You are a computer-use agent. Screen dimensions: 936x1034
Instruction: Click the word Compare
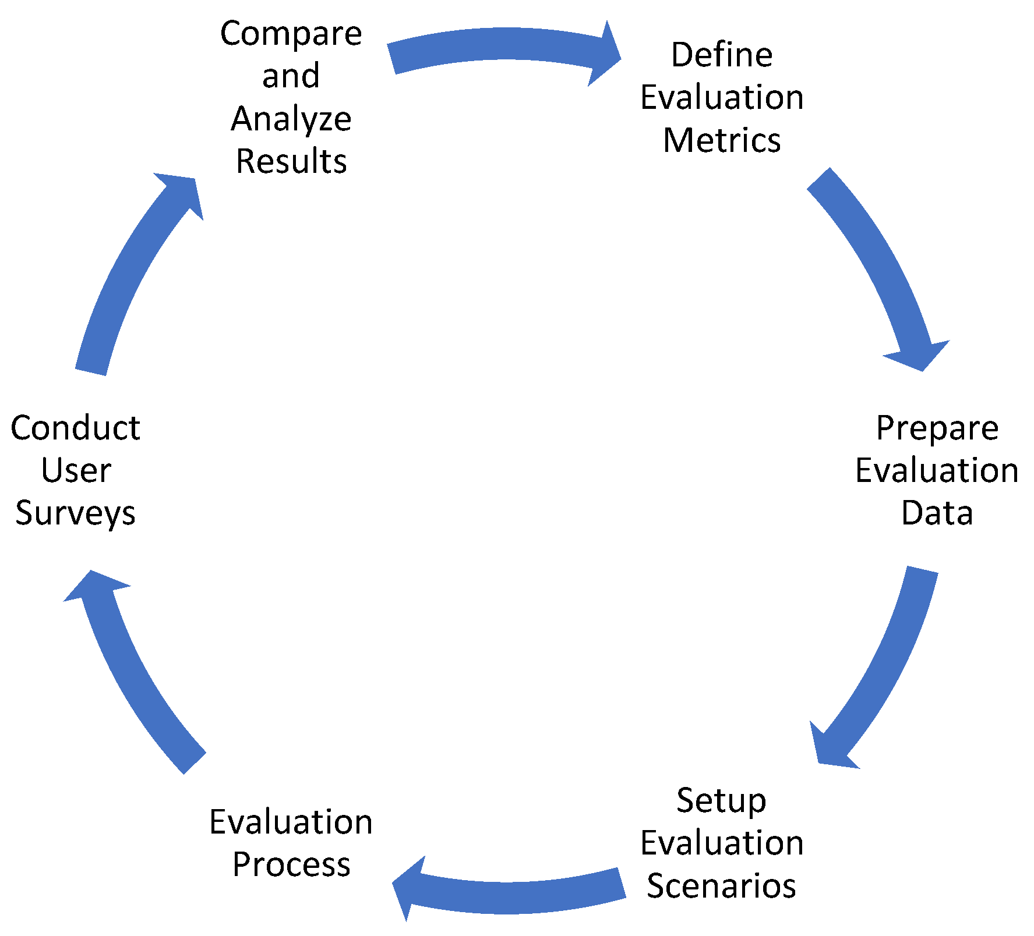tap(291, 34)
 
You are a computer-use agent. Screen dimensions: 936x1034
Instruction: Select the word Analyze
tap(291, 119)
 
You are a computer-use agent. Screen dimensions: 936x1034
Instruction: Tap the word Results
tap(291, 161)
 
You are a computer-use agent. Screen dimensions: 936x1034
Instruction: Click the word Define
tap(722, 55)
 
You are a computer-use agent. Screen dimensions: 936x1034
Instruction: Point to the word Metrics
tap(722, 141)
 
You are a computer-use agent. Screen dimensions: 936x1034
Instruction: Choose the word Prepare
tap(937, 428)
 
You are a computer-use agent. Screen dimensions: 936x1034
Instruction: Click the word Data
tap(937, 513)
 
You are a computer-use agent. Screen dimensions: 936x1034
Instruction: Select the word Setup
tap(721, 801)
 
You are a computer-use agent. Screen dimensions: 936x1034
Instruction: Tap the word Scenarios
tap(721, 886)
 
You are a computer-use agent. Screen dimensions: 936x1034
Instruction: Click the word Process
tap(291, 865)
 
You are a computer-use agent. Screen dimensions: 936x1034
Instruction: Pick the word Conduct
tap(76, 428)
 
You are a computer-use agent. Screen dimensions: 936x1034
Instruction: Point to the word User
tap(76, 471)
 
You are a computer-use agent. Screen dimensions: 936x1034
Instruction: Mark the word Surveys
tap(76, 513)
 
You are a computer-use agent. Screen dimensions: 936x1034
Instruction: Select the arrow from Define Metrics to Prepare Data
tap(874, 262)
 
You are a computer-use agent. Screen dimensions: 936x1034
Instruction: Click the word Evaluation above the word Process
tap(291, 822)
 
